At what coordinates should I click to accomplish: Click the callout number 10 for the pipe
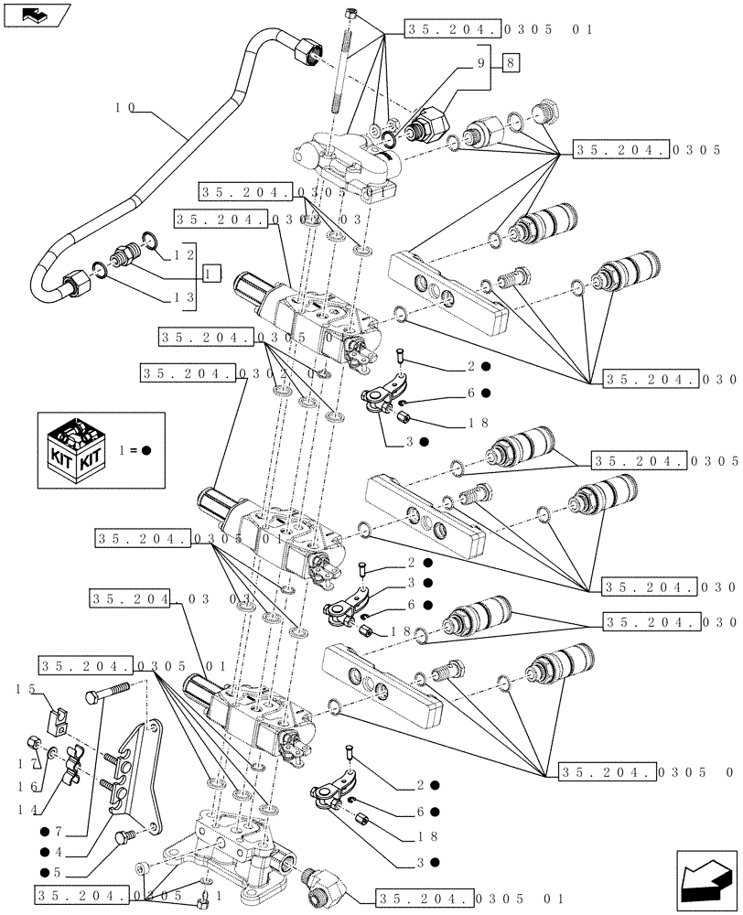tap(125, 107)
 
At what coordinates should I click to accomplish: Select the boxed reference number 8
tap(510, 62)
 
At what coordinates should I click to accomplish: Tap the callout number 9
tap(478, 62)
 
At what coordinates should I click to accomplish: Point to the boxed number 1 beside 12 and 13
tap(211, 273)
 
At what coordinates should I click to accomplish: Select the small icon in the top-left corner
tap(35, 15)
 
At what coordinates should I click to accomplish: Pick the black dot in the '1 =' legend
tap(146, 449)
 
